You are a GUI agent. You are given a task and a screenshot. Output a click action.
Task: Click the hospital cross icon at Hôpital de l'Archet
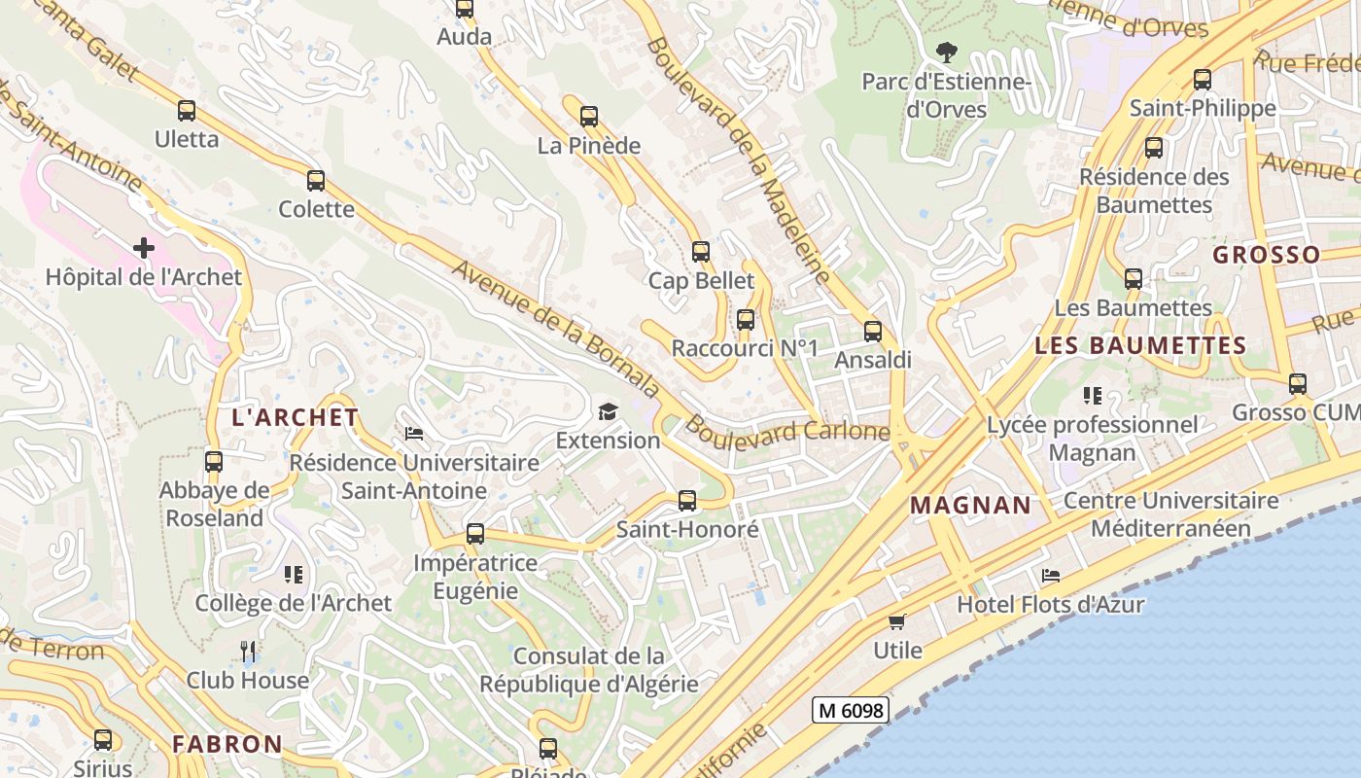click(x=144, y=248)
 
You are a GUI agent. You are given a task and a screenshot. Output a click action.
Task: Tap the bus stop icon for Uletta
click(x=187, y=111)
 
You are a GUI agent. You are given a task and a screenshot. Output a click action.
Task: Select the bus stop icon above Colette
click(x=316, y=181)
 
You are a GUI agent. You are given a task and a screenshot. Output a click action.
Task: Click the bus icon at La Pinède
click(x=589, y=118)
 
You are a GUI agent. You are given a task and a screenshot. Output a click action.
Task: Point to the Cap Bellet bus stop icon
click(x=701, y=253)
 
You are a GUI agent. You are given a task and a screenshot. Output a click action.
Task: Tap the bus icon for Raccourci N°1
click(x=746, y=320)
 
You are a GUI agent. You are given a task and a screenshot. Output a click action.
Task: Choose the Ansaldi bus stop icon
click(x=873, y=332)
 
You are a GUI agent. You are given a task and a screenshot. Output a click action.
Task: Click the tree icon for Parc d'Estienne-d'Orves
click(x=946, y=53)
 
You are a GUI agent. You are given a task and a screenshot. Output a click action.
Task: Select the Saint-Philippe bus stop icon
click(x=1203, y=80)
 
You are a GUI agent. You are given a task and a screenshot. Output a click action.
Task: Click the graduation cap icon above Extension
click(x=608, y=412)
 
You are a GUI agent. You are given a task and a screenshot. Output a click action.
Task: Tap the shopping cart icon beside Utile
click(x=897, y=621)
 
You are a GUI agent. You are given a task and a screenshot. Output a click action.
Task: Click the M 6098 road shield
click(x=850, y=711)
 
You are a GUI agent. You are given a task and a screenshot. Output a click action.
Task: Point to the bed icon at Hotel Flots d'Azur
click(x=1050, y=576)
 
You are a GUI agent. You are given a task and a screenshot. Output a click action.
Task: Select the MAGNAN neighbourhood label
click(x=970, y=505)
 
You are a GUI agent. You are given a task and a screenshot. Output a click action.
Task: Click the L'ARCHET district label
click(x=296, y=418)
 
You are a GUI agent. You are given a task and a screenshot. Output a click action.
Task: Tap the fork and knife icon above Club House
click(x=248, y=652)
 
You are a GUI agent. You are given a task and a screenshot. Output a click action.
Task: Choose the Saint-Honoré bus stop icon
click(x=687, y=502)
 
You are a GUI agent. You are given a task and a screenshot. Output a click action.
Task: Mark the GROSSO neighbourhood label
click(x=1267, y=256)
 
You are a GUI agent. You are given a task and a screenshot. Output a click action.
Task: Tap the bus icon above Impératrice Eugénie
click(x=475, y=534)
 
